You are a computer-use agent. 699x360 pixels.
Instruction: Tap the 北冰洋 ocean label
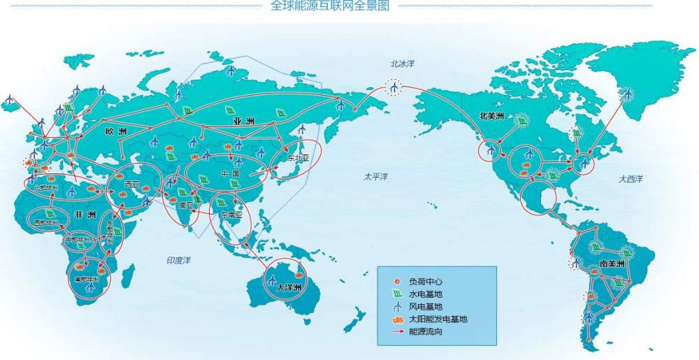[402, 64]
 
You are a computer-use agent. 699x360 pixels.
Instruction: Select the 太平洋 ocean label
[375, 175]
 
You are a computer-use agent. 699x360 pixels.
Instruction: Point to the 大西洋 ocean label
[630, 179]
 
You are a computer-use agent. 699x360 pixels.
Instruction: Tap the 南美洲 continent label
[612, 265]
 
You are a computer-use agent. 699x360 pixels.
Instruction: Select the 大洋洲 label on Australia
[287, 287]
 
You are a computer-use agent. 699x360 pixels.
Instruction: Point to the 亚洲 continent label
[243, 122]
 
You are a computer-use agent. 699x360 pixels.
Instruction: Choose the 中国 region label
[230, 173]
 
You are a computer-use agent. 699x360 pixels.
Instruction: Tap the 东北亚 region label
[296, 159]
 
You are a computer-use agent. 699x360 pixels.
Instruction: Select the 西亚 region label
[131, 185]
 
